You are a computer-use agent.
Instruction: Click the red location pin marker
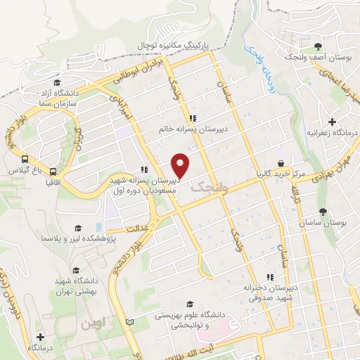(182, 165)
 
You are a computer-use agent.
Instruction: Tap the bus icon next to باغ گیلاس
(25, 159)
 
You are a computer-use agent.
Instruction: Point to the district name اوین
(96, 325)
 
